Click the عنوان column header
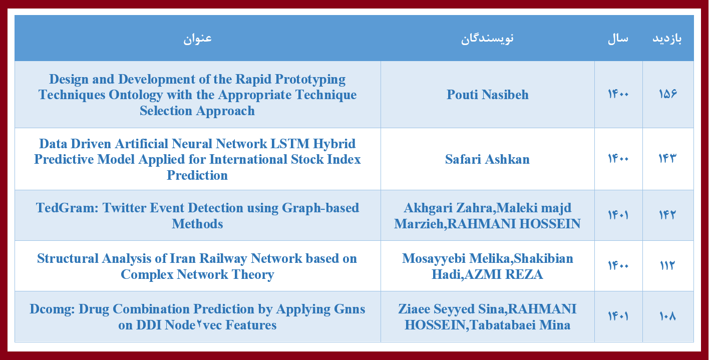(x=197, y=39)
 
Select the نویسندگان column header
(x=487, y=39)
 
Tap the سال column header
(x=618, y=39)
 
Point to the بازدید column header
(x=667, y=39)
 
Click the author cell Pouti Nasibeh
(x=488, y=95)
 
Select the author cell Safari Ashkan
(x=487, y=159)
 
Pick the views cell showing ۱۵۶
(x=667, y=94)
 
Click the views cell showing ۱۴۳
(x=667, y=158)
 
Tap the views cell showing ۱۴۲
(x=667, y=215)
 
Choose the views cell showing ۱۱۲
(x=667, y=265)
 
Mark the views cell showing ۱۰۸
(x=667, y=316)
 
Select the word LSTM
(x=289, y=144)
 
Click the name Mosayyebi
(x=434, y=259)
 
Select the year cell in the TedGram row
(x=618, y=215)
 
